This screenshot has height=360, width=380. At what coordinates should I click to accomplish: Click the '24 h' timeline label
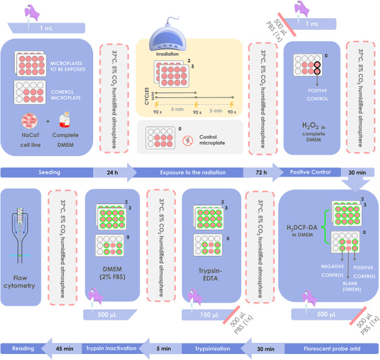[111, 173]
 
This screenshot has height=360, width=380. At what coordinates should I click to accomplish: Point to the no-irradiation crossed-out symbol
[189, 141]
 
